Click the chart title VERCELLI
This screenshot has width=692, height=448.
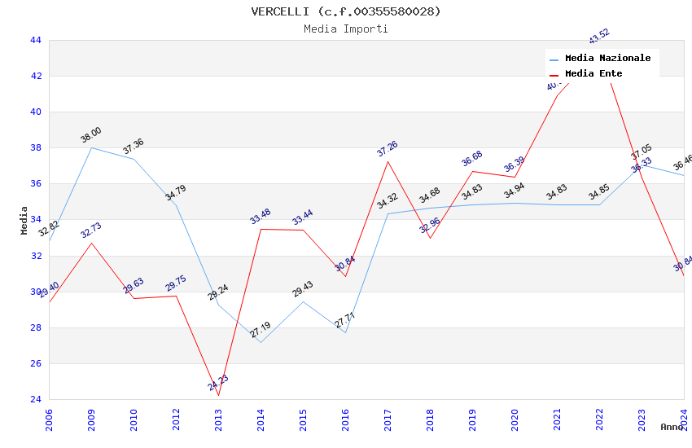[x=345, y=11]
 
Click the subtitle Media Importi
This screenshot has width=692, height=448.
[x=345, y=29]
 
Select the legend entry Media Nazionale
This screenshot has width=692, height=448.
[x=607, y=59]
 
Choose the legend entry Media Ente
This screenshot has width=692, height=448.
[x=593, y=74]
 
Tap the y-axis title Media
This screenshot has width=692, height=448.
[x=24, y=220]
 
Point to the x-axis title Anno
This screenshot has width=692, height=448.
[x=672, y=427]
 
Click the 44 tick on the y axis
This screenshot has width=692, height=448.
[x=35, y=40]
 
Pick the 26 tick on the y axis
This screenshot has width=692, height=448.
[x=35, y=363]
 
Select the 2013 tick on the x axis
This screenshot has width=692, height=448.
[x=218, y=420]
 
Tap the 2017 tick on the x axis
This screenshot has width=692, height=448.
[x=388, y=420]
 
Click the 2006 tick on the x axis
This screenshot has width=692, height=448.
[x=49, y=420]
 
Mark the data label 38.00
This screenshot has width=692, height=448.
[x=90, y=135]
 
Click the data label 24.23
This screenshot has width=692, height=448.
[x=218, y=383]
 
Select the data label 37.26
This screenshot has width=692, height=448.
[x=388, y=149]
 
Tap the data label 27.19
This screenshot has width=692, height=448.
[x=261, y=330]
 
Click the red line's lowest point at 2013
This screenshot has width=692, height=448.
[x=218, y=396]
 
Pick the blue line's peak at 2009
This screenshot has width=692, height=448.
[x=91, y=147]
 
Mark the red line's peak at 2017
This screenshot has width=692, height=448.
[x=388, y=161]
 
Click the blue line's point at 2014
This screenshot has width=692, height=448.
[x=261, y=342]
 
